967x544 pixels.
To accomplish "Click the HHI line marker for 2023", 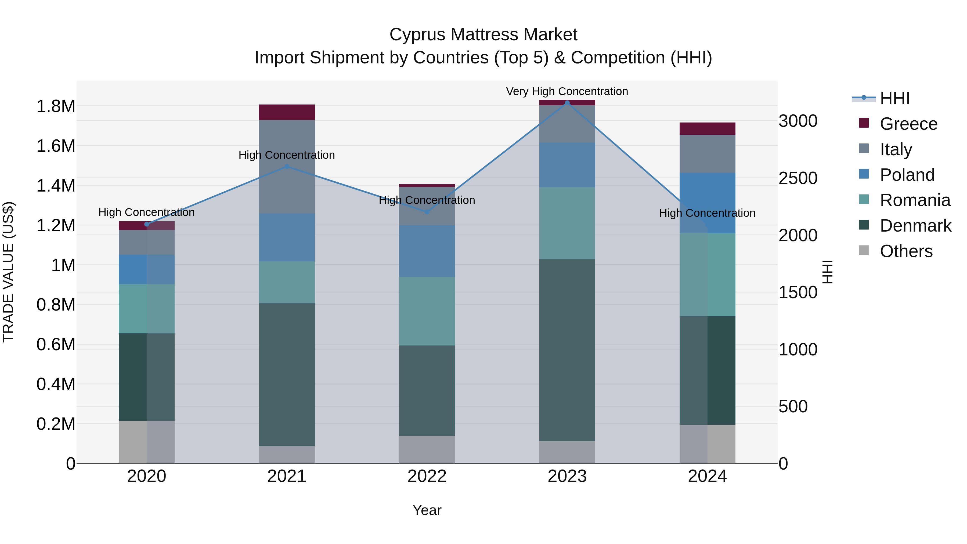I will (x=567, y=103).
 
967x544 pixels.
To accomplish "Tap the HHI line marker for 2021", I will (x=287, y=166).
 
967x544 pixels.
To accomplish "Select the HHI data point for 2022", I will (x=427, y=212).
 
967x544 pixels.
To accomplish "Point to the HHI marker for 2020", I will (x=147, y=224).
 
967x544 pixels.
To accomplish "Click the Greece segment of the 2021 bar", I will (x=287, y=112).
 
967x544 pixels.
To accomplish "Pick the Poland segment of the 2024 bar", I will (x=707, y=203).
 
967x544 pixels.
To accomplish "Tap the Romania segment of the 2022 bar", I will (x=427, y=311).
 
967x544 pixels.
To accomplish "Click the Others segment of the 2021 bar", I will (x=287, y=455).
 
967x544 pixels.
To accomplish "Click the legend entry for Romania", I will (x=915, y=200).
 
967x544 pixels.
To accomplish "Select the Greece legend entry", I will (x=908, y=124).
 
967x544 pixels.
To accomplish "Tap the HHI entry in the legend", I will (x=894, y=98).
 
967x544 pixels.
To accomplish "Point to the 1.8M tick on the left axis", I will (x=56, y=106).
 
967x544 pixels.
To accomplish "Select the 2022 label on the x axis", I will (x=427, y=476).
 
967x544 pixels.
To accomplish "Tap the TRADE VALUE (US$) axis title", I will (x=8, y=272).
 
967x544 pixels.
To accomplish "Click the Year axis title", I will (x=427, y=510).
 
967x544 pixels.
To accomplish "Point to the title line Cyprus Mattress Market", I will (x=483, y=35).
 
